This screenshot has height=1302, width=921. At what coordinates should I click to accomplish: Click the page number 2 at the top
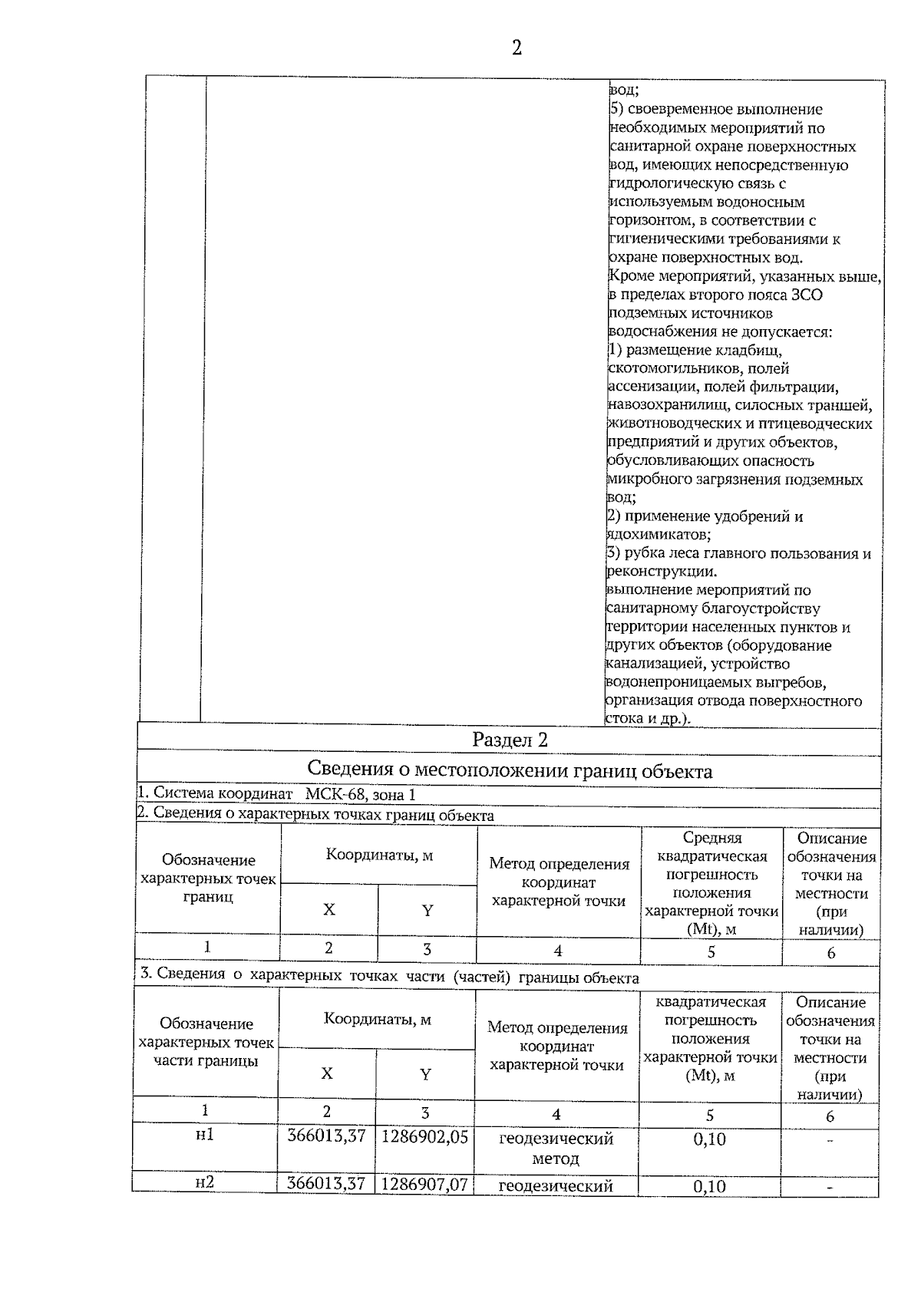(516, 48)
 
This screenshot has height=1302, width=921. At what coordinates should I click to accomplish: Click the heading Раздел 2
(510, 740)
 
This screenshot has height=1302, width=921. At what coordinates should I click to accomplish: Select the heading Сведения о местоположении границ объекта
(510, 770)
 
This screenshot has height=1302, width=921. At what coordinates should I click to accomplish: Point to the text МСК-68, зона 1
(360, 795)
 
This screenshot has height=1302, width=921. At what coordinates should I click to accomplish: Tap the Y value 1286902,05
(424, 1137)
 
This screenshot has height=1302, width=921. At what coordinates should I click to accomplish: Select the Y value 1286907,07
(424, 1185)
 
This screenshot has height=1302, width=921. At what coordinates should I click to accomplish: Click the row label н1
(204, 1134)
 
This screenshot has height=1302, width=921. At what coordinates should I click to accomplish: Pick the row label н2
(204, 1183)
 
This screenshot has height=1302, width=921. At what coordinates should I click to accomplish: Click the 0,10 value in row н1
(709, 1139)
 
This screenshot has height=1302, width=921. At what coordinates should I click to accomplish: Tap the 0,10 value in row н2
(709, 1186)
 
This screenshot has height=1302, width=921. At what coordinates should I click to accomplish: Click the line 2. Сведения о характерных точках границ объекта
(315, 815)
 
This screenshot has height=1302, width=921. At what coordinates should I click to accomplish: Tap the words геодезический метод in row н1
(556, 1148)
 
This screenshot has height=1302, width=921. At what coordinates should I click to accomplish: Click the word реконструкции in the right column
(661, 572)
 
